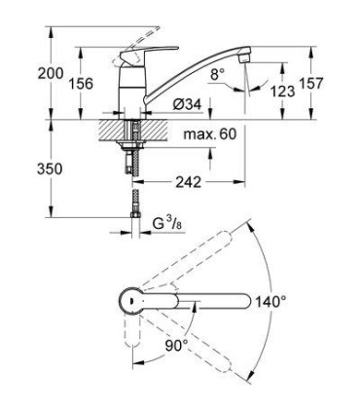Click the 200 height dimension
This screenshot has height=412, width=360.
pyautogui.click(x=51, y=73)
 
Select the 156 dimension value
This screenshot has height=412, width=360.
pyautogui.click(x=81, y=84)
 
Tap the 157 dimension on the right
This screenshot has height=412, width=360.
pyautogui.click(x=311, y=83)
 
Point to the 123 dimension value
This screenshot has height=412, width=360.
pyautogui.click(x=283, y=92)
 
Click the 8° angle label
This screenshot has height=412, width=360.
pyautogui.click(x=218, y=74)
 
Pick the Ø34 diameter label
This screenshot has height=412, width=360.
pyautogui.click(x=187, y=104)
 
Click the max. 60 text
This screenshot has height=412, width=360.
pyautogui.click(x=210, y=133)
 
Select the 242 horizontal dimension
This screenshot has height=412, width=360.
pyautogui.click(x=188, y=182)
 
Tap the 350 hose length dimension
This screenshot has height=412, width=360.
pyautogui.click(x=50, y=169)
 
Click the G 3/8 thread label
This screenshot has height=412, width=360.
pyautogui.click(x=166, y=224)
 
